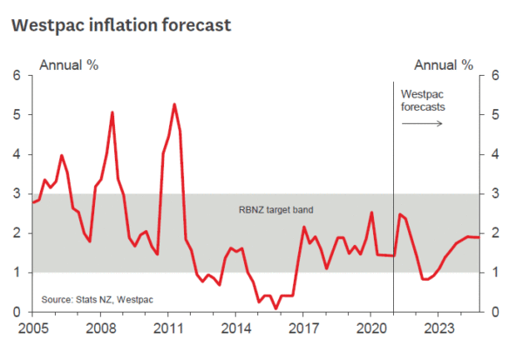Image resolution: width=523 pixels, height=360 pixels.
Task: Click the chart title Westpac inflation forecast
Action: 121,24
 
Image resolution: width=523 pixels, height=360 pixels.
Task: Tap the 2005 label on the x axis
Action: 32,329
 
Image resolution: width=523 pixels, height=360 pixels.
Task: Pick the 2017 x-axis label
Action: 302,329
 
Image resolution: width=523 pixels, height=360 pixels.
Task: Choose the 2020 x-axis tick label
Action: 370,329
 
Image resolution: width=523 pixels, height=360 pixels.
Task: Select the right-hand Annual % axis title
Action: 443,65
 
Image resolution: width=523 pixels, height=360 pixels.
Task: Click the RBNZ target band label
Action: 275,210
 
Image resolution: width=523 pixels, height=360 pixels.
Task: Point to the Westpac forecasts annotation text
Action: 423,100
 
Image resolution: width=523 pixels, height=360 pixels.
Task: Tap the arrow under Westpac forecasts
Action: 423,123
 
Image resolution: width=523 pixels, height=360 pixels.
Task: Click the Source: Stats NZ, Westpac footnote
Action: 97,301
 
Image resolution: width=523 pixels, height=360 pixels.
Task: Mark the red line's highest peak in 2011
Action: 174,105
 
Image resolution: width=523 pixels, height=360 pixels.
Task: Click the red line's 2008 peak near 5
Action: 112,112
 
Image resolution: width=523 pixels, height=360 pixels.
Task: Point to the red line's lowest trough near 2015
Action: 275,308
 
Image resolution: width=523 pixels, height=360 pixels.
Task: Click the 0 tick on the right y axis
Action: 494,312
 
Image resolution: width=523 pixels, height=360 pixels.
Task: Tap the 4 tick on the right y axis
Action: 494,154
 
